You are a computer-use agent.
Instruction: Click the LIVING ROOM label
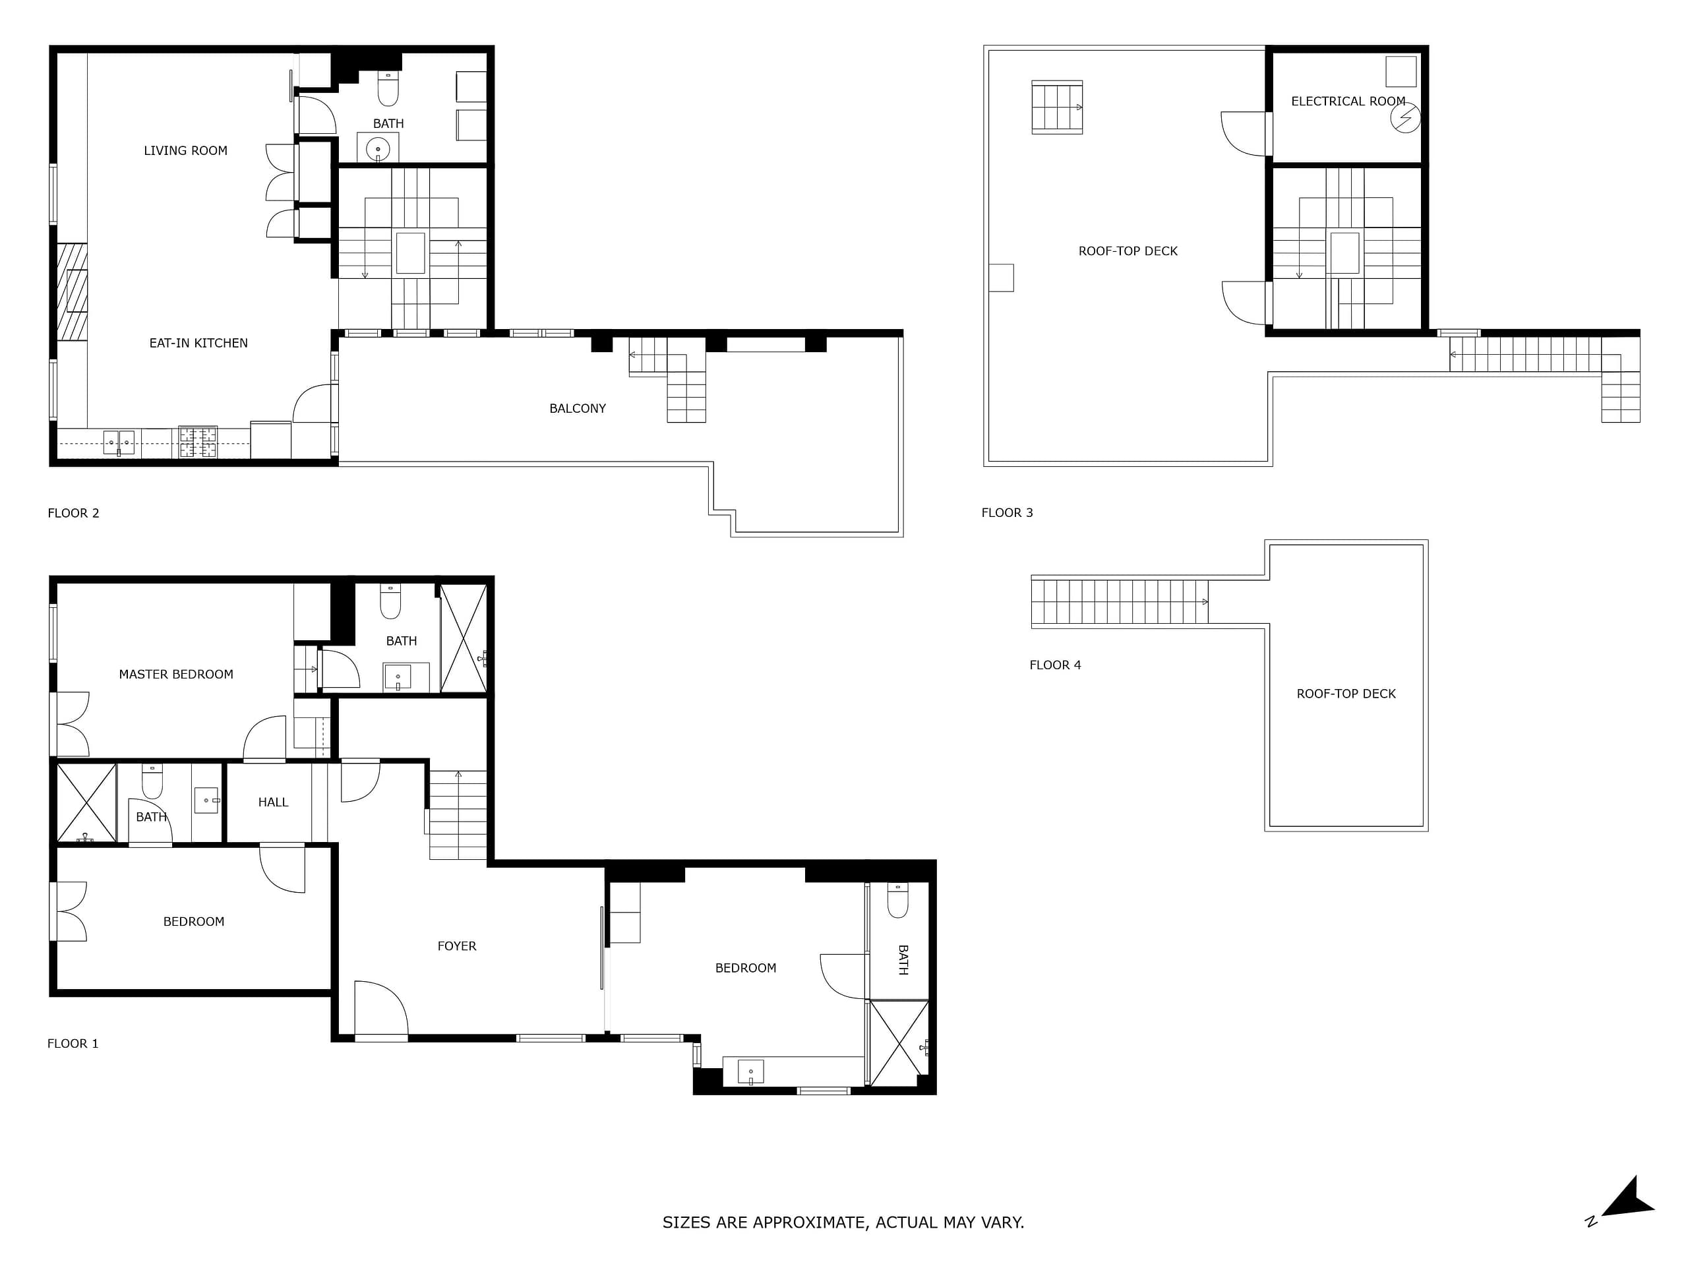[185, 151]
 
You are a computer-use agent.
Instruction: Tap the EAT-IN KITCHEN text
[198, 344]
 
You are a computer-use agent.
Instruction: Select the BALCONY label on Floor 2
[578, 408]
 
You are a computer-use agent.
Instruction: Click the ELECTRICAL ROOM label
[1348, 101]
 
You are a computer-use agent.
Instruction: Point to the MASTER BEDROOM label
[176, 675]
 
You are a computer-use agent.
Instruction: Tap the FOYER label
[456, 946]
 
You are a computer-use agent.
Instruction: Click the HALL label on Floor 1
[273, 802]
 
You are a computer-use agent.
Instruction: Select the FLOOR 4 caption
[1056, 665]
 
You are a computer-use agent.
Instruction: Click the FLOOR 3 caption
[1008, 513]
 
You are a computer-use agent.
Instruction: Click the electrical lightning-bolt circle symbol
[1405, 118]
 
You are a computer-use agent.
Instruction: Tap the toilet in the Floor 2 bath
[388, 88]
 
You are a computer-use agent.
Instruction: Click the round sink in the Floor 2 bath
[378, 148]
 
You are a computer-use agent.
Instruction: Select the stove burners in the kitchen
[198, 442]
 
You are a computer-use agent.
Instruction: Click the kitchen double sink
[119, 442]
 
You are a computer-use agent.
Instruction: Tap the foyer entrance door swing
[382, 1008]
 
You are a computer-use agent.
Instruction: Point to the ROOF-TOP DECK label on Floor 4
[1346, 694]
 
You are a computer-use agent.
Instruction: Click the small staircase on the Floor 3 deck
[1057, 107]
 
